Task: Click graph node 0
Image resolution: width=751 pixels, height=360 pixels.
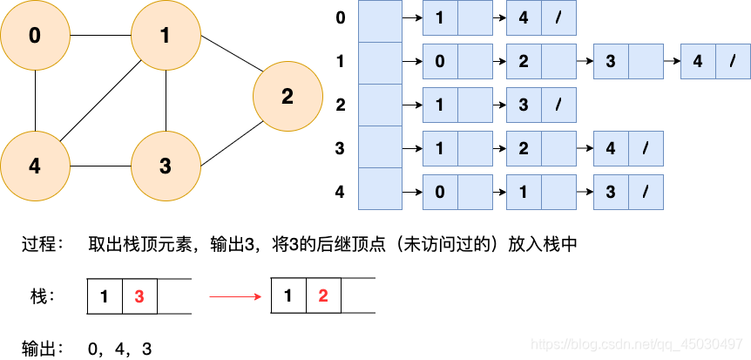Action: coord(35,36)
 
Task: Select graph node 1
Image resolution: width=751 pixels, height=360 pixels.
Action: coord(166,36)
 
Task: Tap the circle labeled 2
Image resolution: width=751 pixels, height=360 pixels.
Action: coord(288,97)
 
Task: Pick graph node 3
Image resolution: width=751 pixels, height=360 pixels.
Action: coord(166,166)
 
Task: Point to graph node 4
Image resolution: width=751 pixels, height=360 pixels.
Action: coord(35,166)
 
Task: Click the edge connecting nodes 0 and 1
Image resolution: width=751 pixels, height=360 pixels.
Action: coord(100,36)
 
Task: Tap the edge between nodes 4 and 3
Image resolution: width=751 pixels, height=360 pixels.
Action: coord(100,166)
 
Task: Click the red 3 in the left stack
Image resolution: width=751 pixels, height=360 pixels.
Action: coord(139,296)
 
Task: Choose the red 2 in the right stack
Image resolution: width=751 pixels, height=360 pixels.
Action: coord(323,296)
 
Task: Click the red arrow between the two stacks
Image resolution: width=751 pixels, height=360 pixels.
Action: coord(235,296)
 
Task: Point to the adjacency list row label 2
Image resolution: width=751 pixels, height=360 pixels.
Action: coord(341,105)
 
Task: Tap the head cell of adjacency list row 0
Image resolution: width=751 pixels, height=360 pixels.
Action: coord(381,19)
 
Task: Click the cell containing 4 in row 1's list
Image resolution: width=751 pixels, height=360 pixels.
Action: coord(698,62)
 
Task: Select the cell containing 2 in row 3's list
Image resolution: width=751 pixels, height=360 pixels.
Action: coord(524,148)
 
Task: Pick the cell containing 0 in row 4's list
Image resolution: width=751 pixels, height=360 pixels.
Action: coord(440,192)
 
